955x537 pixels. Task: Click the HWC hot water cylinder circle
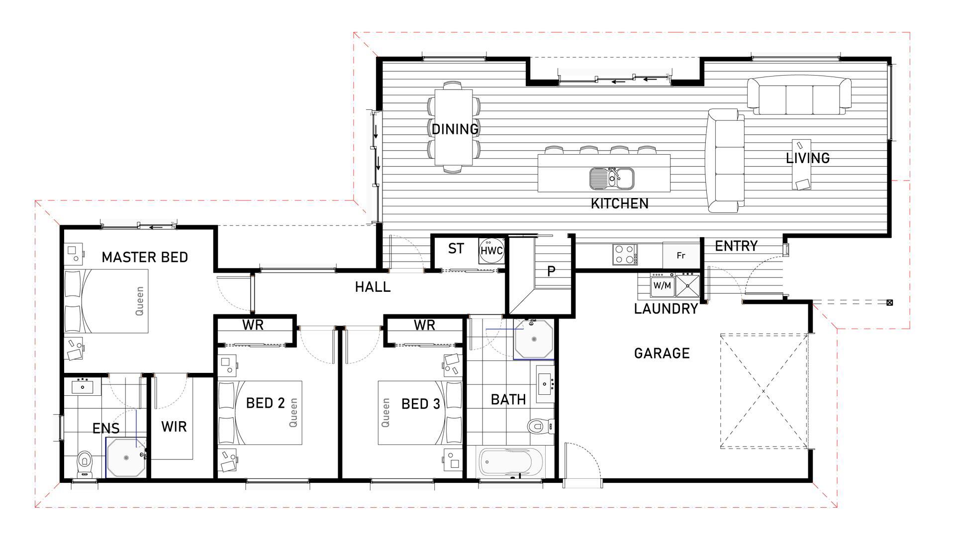(491, 251)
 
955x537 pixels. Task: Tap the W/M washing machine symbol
(663, 285)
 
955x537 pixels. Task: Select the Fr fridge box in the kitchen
(681, 256)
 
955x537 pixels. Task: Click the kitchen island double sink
(611, 178)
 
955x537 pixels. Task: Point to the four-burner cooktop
(625, 254)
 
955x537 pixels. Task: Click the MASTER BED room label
(145, 257)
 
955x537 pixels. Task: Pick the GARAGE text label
(662, 354)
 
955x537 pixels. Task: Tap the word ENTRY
(736, 246)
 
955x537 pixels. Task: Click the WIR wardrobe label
(174, 427)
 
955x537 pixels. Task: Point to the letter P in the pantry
(551, 271)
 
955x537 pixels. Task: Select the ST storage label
(456, 249)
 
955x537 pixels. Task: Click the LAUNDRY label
(666, 309)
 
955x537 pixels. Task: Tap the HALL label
(373, 287)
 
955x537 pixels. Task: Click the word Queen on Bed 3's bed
(385, 412)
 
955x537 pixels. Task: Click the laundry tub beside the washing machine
(687, 285)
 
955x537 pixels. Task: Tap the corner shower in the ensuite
(126, 457)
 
